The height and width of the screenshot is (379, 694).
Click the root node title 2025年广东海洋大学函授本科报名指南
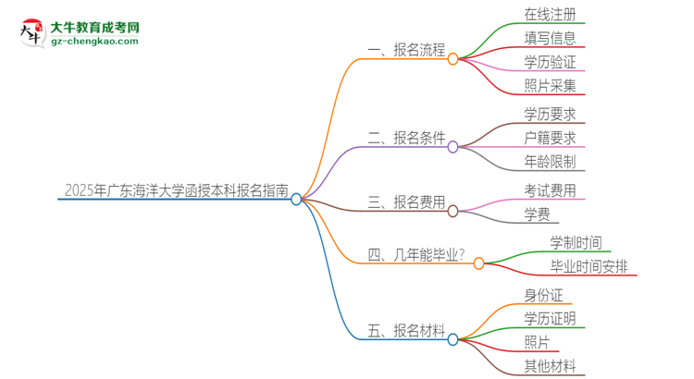[177, 191]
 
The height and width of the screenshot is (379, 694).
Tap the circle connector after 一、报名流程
[452, 59]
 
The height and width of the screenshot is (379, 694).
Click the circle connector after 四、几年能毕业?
[478, 263]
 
